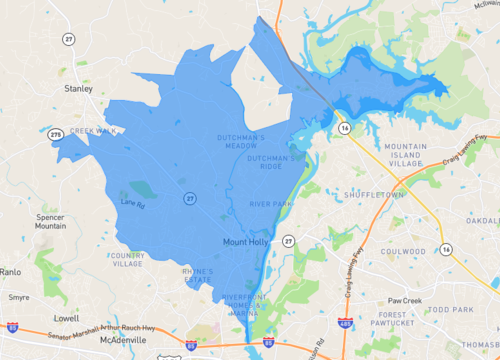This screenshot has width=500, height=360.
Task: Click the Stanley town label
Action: pyautogui.click(x=78, y=88)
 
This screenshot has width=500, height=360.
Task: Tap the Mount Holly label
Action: pyautogui.click(x=245, y=242)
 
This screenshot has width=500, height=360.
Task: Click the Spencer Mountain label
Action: pyautogui.click(x=50, y=221)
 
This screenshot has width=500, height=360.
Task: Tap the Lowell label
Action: pyautogui.click(x=67, y=318)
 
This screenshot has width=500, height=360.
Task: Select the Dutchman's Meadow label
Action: pyautogui.click(x=241, y=140)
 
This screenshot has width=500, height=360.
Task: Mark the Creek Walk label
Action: pyautogui.click(x=94, y=130)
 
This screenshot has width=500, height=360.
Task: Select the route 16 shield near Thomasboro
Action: pyautogui.click(x=446, y=248)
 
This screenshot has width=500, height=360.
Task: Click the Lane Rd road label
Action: pyautogui.click(x=132, y=203)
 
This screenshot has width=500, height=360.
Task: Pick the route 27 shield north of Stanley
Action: pyautogui.click(x=68, y=39)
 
